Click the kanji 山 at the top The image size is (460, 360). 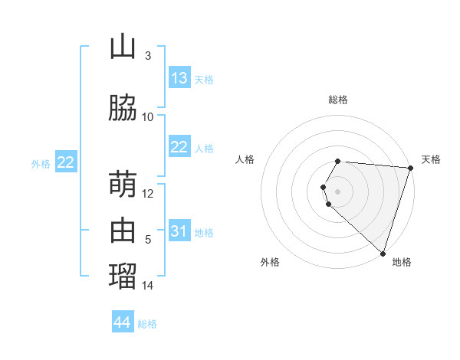pyautogui.click(x=123, y=47)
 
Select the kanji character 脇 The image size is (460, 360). pyautogui.click(x=123, y=108)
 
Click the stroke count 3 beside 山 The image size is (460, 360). pyautogui.click(x=148, y=56)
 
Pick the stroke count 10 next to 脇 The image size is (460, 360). pyautogui.click(x=148, y=117)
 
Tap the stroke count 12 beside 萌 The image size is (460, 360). pyautogui.click(x=148, y=194)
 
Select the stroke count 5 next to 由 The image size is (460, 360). pyautogui.click(x=148, y=240)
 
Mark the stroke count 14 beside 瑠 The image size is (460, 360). pyautogui.click(x=148, y=286)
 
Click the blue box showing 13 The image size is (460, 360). pyautogui.click(x=179, y=78)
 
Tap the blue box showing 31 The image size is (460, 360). pyautogui.click(x=179, y=231)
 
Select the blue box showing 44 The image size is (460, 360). pyautogui.click(x=123, y=322)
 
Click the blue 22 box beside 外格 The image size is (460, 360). pyautogui.click(x=66, y=162)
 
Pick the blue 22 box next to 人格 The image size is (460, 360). pyautogui.click(x=179, y=147)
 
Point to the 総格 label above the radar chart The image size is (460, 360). pyautogui.click(x=338, y=100)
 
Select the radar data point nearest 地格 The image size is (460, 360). pyautogui.click(x=383, y=253)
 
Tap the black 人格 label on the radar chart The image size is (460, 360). pyautogui.click(x=245, y=159)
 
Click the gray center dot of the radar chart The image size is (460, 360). pyautogui.click(x=338, y=190)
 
